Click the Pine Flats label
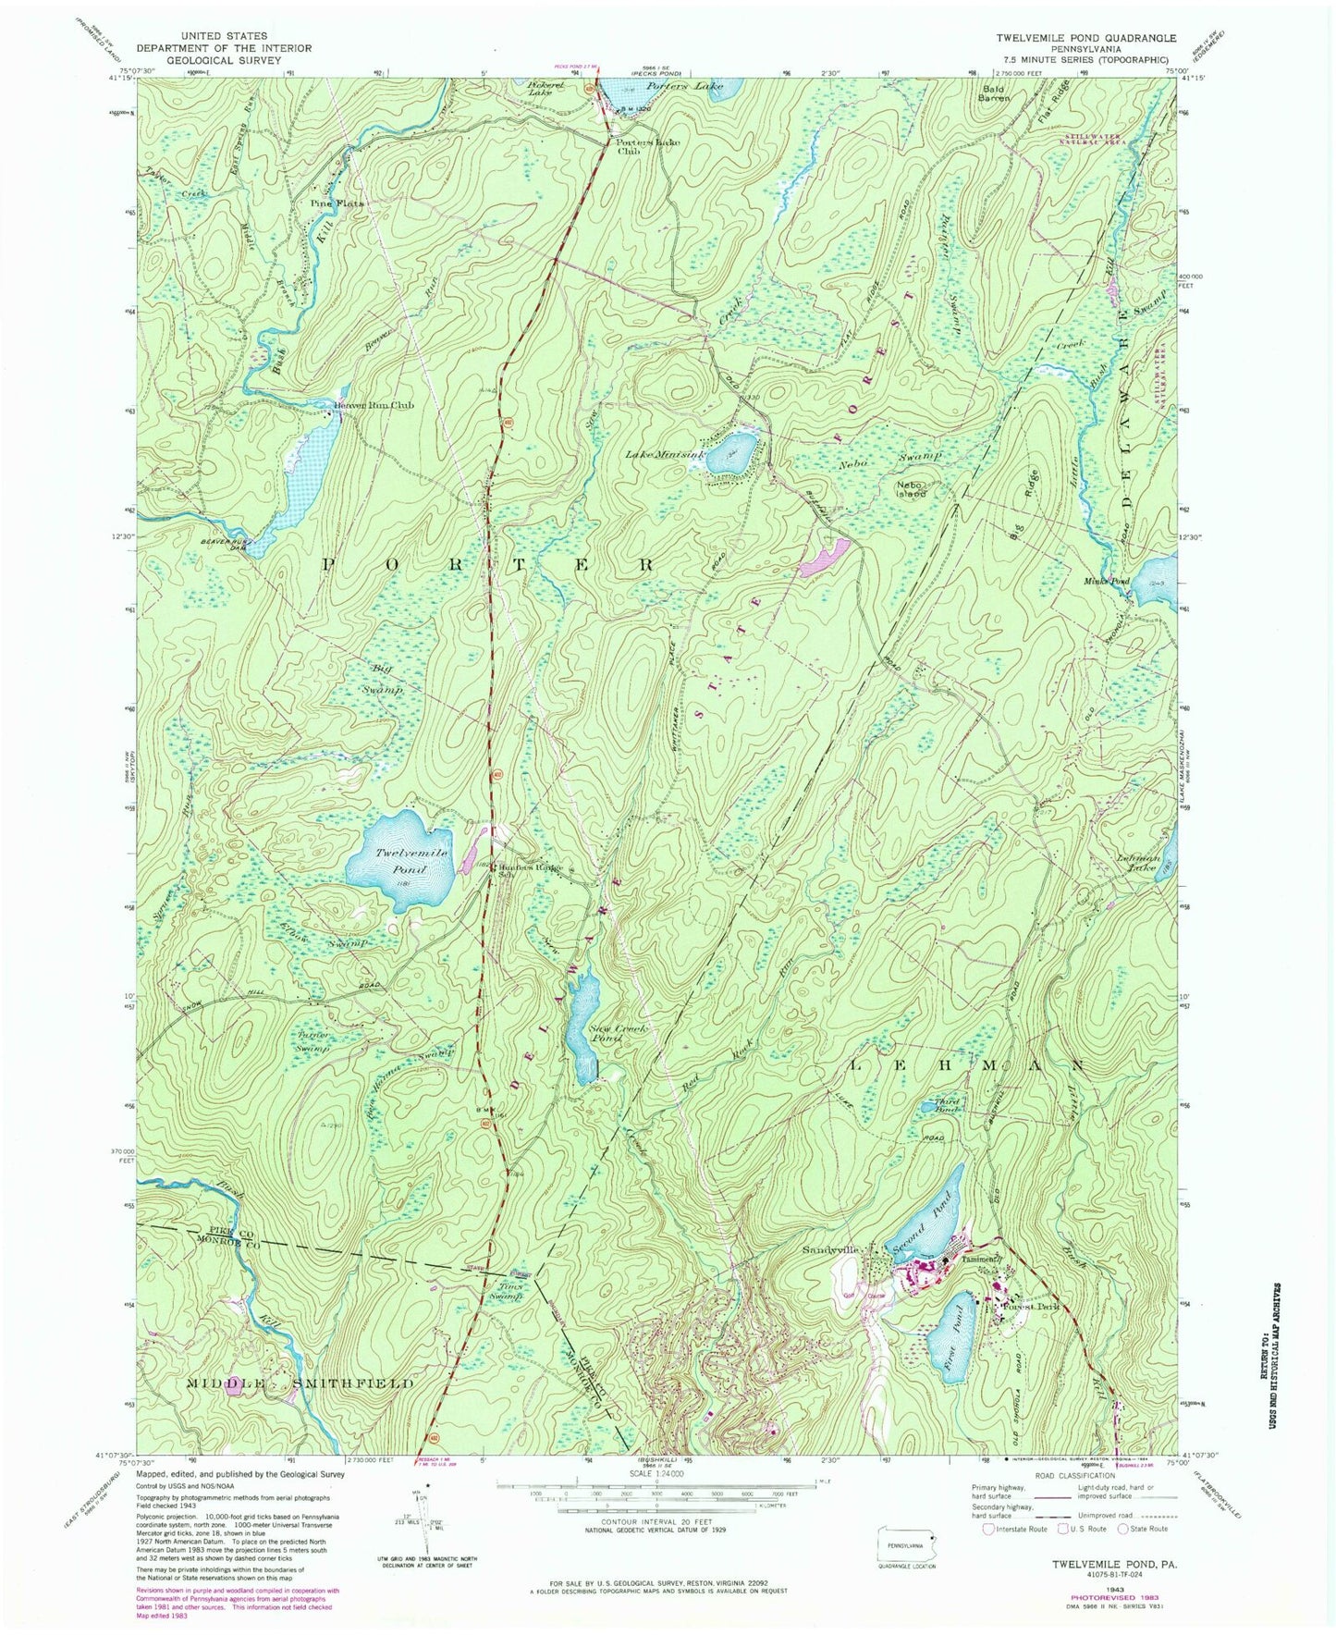337,203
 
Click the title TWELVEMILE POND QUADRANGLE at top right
1086,38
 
